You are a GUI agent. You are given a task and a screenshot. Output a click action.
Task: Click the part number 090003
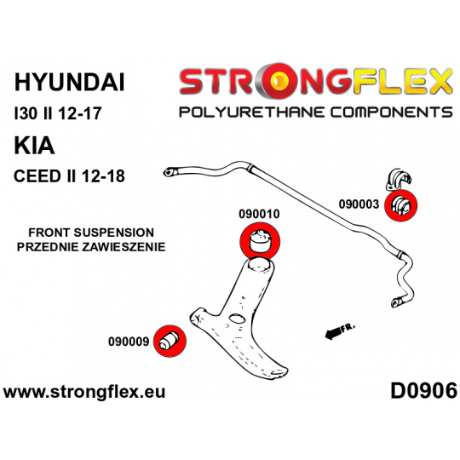(359, 204)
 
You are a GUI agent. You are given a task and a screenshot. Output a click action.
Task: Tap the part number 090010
(259, 214)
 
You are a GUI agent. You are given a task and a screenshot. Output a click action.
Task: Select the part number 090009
(129, 342)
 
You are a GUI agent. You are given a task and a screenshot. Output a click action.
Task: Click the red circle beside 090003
(400, 205)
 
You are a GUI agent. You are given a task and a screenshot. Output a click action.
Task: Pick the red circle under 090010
(260, 242)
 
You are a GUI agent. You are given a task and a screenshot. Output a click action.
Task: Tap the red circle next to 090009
(170, 342)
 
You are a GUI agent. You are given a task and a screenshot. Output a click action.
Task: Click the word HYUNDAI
(70, 83)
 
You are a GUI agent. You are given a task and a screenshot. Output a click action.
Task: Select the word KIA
(34, 146)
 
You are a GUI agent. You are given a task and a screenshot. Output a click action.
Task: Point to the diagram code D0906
(423, 391)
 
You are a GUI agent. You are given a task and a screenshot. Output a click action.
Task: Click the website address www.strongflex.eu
(84, 392)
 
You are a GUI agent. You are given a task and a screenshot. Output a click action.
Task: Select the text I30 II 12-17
(58, 113)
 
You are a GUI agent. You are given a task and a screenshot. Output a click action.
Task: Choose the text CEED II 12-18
(69, 176)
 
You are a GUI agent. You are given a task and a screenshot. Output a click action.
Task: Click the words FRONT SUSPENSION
(91, 233)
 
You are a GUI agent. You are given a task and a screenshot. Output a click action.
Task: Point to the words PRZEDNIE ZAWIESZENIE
(91, 247)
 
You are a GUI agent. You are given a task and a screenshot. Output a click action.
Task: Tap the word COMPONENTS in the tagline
(392, 112)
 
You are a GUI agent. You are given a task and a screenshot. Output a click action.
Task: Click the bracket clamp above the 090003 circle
(399, 179)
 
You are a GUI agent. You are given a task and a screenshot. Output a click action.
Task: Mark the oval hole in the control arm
(238, 319)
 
